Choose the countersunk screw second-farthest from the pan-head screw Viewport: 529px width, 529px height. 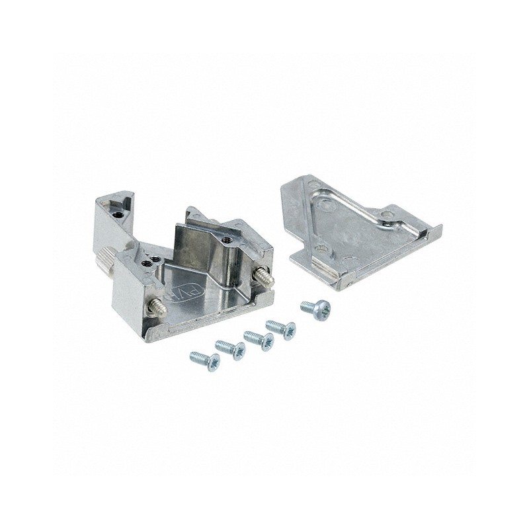click(231, 348)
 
